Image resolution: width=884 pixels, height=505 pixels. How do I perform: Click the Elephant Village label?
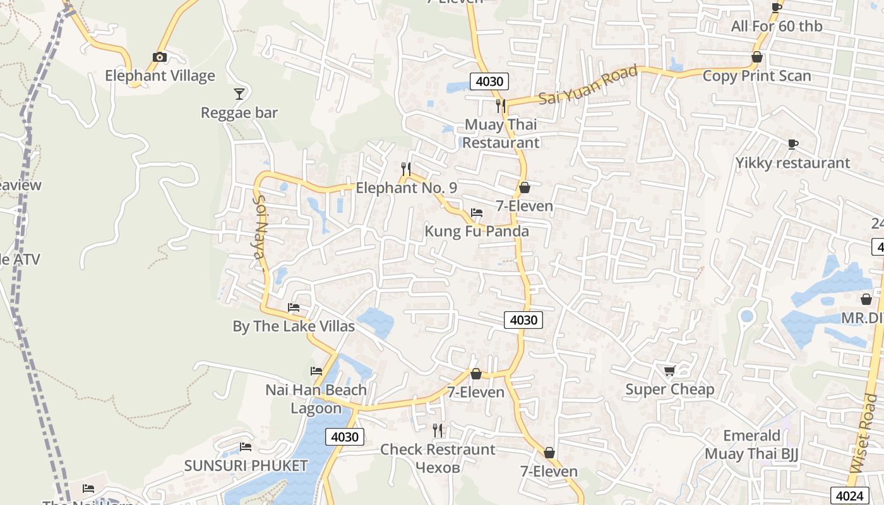click(160, 76)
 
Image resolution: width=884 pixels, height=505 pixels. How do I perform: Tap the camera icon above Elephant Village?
click(160, 57)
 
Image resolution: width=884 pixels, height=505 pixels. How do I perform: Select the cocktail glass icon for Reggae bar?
click(239, 94)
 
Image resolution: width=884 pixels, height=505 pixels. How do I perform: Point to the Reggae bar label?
click(239, 113)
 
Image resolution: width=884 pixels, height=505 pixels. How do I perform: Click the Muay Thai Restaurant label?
click(501, 133)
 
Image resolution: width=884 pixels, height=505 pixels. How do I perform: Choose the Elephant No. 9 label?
click(406, 188)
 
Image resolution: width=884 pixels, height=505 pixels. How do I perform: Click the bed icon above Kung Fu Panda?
click(477, 213)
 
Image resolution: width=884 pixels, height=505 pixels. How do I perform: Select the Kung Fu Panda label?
click(477, 231)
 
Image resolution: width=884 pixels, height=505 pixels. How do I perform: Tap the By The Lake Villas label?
click(294, 326)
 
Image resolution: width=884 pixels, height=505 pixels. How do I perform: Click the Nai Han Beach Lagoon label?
click(316, 399)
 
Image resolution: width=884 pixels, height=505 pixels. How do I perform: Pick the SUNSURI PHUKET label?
click(246, 466)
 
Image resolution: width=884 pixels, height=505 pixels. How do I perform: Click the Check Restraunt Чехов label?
click(438, 458)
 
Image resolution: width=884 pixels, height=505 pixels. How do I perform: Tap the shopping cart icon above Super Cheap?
click(669, 371)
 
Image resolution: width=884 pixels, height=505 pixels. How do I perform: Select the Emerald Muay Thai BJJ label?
click(751, 444)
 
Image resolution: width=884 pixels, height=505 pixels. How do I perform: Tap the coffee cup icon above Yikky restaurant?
click(793, 145)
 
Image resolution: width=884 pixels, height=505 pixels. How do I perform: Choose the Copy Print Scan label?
click(756, 76)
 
